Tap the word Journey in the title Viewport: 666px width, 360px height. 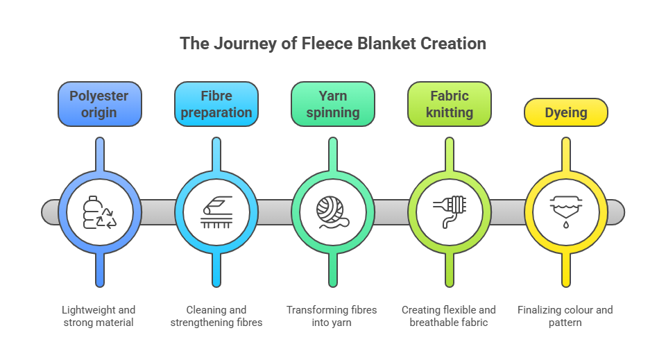tap(234, 43)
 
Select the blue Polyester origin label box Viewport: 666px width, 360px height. tap(100, 104)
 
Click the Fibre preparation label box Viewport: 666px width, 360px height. tap(216, 104)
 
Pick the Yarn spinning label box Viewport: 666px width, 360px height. tap(333, 104)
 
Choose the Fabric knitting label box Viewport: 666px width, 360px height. tap(450, 104)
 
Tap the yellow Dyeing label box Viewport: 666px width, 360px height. tap(566, 112)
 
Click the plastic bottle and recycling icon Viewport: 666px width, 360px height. tap(100, 212)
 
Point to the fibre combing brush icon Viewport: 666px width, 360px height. tap(216, 212)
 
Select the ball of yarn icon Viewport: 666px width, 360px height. tap(333, 212)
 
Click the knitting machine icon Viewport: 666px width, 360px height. tap(450, 212)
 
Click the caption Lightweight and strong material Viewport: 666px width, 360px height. tap(99, 316)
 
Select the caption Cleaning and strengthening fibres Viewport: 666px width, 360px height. tap(216, 316)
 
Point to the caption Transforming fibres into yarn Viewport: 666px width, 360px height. tap(333, 316)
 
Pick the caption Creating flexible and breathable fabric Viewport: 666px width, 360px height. tap(449, 316)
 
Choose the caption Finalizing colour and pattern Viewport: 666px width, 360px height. tap(565, 316)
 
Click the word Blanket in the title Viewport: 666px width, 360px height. tap(391, 43)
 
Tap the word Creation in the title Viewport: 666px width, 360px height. tap(454, 43)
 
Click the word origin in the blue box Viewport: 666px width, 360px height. tap(100, 112)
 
